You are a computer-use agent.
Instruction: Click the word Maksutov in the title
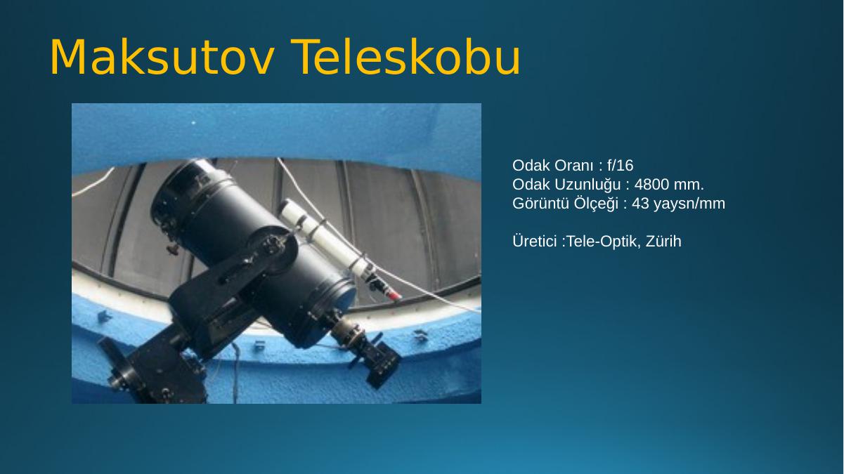coord(162,58)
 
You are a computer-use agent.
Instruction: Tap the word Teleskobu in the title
coord(405,57)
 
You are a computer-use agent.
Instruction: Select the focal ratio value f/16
coord(621,165)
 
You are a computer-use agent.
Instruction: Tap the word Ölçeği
coord(596,204)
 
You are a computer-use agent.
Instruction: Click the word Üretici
coord(535,241)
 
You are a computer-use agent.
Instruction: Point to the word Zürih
coord(663,241)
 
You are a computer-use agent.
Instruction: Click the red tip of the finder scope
coord(395,296)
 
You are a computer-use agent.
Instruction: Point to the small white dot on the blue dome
coord(194,123)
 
